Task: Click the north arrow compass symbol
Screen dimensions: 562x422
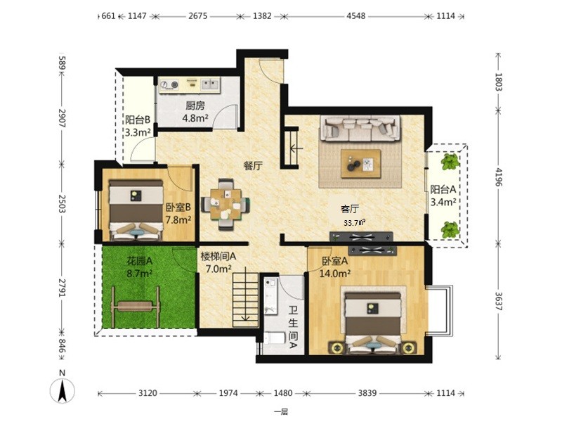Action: [63, 390]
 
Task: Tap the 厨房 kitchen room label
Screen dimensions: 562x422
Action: [195, 105]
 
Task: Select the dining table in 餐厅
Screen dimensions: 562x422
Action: [226, 204]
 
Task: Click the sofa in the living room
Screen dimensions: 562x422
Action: [361, 129]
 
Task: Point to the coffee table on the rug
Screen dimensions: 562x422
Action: [360, 164]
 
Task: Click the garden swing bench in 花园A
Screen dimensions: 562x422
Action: [136, 307]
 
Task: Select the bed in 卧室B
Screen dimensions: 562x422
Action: [136, 210]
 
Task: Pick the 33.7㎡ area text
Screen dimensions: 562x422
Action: [355, 223]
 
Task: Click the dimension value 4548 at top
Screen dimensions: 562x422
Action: [355, 15]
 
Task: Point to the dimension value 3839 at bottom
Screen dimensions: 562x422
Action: [367, 393]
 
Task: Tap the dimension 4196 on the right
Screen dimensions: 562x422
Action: [498, 177]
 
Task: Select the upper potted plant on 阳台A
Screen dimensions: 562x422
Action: [450, 162]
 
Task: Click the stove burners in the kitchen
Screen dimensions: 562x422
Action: [169, 84]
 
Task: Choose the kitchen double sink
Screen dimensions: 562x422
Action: [210, 84]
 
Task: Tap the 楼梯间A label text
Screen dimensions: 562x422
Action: [218, 256]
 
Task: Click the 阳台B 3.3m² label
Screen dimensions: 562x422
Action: [138, 126]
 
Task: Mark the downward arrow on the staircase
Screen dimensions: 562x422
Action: [245, 294]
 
